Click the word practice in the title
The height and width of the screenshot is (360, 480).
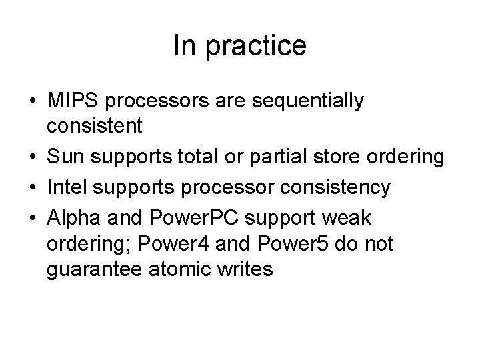click(x=257, y=46)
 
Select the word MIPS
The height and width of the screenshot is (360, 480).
click(x=74, y=101)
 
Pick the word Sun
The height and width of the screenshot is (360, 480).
click(x=63, y=158)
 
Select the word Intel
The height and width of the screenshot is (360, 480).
click(x=66, y=188)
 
